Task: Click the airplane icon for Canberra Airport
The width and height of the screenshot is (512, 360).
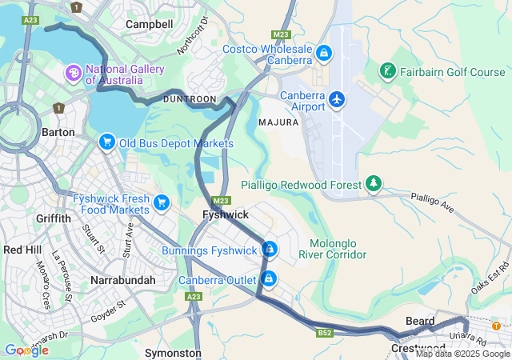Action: click(338, 99)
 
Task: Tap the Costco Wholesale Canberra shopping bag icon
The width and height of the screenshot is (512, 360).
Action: click(323, 54)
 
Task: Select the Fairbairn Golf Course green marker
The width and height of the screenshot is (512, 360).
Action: click(388, 72)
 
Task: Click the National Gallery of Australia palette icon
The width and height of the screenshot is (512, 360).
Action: click(74, 74)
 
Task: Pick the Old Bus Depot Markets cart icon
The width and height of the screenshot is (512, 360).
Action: click(106, 142)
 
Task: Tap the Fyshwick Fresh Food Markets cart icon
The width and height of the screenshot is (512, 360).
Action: click(162, 202)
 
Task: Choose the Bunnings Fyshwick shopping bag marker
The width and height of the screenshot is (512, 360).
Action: click(270, 250)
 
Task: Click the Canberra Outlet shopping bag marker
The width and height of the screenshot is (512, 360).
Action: click(270, 278)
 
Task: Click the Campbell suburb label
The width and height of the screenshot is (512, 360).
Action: click(150, 25)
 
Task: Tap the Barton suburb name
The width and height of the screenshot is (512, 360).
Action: click(58, 132)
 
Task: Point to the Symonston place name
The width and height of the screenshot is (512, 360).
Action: click(173, 352)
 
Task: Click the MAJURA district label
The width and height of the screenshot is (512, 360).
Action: click(278, 122)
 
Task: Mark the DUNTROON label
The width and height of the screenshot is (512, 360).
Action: click(190, 98)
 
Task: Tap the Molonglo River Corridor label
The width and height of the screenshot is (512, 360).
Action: click(332, 249)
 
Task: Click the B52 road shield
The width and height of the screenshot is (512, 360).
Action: click(325, 331)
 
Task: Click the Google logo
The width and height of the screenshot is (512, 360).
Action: click(26, 350)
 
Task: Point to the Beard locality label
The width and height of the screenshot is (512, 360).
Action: click(420, 321)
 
